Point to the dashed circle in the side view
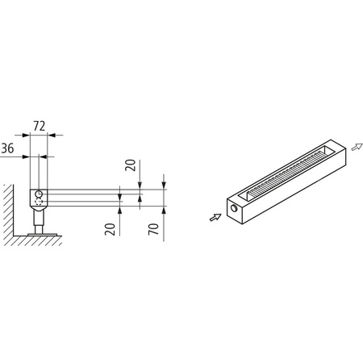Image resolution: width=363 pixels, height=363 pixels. pyautogui.click(x=38, y=201)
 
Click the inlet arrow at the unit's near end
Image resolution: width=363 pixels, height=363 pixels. pyautogui.click(x=213, y=215)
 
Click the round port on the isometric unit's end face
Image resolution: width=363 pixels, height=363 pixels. pyautogui.click(x=235, y=207)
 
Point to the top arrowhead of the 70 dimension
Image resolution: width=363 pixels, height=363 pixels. pyautogui.click(x=164, y=180)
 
